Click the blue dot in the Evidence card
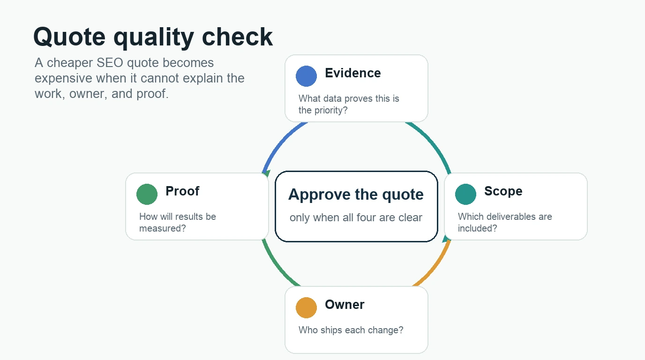[x=306, y=76]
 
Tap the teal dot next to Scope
[x=465, y=194]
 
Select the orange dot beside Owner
[x=306, y=307]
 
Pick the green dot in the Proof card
[x=147, y=194]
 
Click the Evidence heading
[x=352, y=73]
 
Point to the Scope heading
[x=503, y=191]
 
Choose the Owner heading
[x=345, y=305]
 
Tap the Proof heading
[x=182, y=191]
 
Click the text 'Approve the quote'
[x=356, y=195]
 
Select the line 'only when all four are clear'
[x=356, y=217]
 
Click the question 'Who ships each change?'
[x=351, y=330]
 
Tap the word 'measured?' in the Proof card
[x=162, y=228]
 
